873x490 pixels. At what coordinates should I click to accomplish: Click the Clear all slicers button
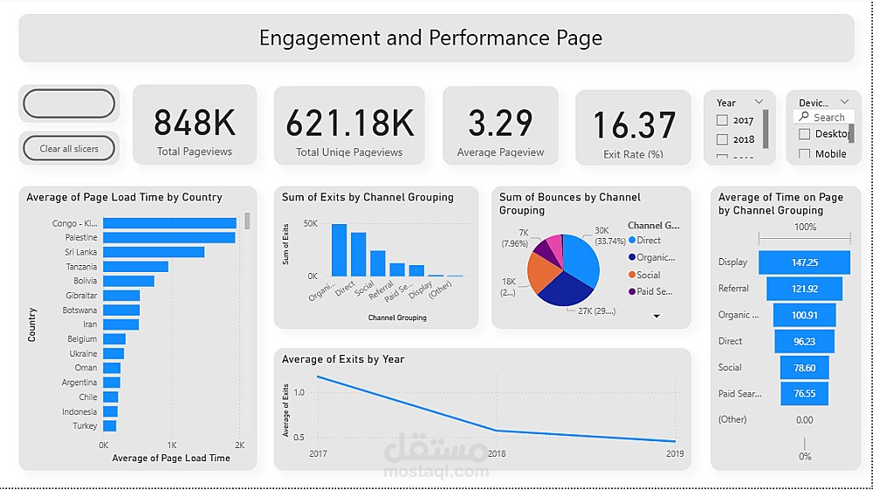[69, 148]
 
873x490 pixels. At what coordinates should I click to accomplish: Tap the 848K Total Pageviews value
[195, 123]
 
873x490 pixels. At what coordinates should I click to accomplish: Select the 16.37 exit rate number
[634, 126]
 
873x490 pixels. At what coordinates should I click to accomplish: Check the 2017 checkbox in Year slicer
[722, 120]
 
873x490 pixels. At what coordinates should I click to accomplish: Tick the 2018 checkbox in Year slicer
[722, 140]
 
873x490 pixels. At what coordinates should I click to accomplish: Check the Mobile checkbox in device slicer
[804, 154]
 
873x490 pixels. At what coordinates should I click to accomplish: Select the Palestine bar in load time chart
[168, 238]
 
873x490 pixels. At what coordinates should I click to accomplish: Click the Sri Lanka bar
[153, 252]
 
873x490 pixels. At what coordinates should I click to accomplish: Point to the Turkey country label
[85, 426]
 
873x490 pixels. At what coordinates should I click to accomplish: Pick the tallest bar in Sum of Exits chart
[339, 250]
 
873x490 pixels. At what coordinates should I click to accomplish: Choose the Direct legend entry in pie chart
[649, 240]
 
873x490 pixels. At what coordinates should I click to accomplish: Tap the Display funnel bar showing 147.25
[804, 262]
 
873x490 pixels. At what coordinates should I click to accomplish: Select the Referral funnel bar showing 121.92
[804, 289]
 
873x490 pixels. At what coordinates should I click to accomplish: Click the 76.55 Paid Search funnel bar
[804, 393]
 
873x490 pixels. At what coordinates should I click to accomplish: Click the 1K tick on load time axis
[172, 445]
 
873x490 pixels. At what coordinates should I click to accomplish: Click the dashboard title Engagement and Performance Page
[430, 38]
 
